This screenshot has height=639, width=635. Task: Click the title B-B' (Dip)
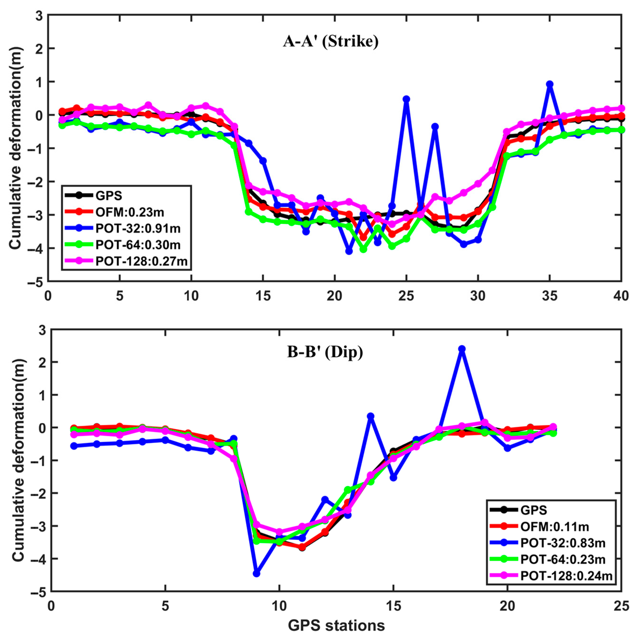(x=325, y=352)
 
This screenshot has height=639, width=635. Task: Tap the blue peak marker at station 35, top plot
(x=550, y=84)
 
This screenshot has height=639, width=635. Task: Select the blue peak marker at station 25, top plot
(x=406, y=99)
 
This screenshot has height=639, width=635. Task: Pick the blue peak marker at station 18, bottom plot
(x=462, y=349)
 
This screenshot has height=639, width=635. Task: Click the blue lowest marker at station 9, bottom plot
(x=257, y=573)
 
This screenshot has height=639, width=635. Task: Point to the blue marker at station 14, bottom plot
(x=371, y=416)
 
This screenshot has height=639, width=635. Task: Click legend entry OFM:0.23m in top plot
(x=130, y=212)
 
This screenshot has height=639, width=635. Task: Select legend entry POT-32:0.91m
(x=138, y=228)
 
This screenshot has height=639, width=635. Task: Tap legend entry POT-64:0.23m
(x=562, y=559)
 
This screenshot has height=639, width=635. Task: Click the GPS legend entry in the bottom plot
(x=534, y=510)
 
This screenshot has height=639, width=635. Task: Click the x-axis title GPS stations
(x=336, y=625)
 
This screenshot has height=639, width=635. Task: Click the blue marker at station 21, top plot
(x=349, y=251)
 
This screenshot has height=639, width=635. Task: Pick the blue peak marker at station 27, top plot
(x=435, y=126)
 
